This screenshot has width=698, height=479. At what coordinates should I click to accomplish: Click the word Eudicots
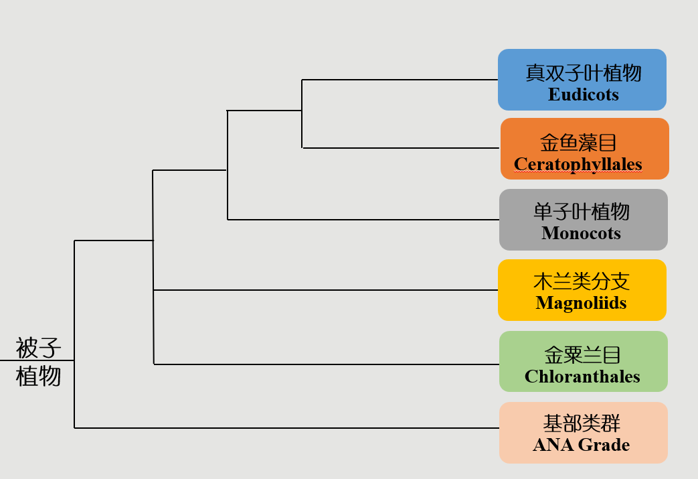pyautogui.click(x=583, y=94)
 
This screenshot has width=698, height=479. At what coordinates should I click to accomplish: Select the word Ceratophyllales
pyautogui.click(x=578, y=164)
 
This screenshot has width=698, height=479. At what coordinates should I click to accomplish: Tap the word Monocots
pyautogui.click(x=581, y=233)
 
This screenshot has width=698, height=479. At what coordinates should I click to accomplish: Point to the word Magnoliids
pyautogui.click(x=581, y=303)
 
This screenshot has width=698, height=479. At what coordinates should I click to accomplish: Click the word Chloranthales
pyautogui.click(x=582, y=377)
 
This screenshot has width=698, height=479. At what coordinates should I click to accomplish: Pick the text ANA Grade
pyautogui.click(x=582, y=445)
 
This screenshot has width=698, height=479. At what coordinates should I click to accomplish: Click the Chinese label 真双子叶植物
pyautogui.click(x=583, y=73)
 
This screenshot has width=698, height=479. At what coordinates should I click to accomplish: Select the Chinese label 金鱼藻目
pyautogui.click(x=578, y=143)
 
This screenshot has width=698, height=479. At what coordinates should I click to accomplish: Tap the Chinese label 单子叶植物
pyautogui.click(x=582, y=212)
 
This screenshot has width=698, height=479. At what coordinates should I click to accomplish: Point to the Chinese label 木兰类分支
pyautogui.click(x=582, y=281)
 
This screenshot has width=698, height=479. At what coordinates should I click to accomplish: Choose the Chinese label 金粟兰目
pyautogui.click(x=582, y=355)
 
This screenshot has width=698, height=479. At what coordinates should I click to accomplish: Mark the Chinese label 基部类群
pyautogui.click(x=582, y=423)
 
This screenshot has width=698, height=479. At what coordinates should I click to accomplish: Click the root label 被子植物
pyautogui.click(x=38, y=362)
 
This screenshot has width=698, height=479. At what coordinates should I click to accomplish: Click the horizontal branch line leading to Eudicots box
pyautogui.click(x=400, y=80)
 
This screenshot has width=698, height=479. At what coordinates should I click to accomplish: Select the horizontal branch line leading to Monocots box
pyautogui.click(x=363, y=220)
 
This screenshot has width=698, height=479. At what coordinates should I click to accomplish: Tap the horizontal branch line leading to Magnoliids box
pyautogui.click(x=325, y=290)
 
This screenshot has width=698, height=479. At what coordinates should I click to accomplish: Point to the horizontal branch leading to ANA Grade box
pyautogui.click(x=286, y=428)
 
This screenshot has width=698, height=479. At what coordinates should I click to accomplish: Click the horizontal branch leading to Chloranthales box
pyautogui.click(x=327, y=364)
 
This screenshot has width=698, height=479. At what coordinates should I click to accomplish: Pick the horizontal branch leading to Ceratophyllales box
pyautogui.click(x=401, y=148)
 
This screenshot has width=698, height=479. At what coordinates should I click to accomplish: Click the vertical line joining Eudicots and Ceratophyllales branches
pyautogui.click(x=302, y=114)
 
